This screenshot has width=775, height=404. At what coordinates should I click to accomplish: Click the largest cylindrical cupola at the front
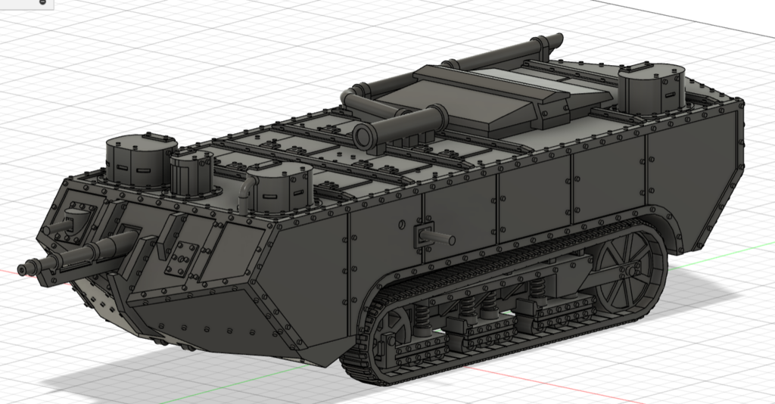click(x=141, y=160)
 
